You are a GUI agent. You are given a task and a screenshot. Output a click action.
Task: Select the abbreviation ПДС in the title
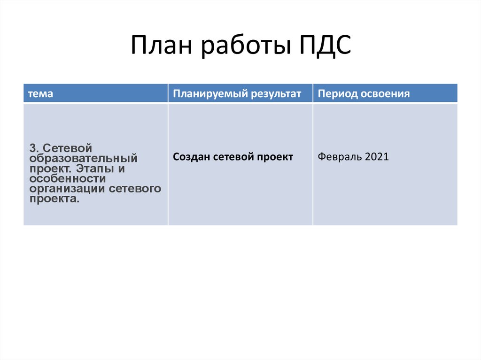tap(325, 46)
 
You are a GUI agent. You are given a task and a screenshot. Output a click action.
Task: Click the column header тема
tap(40, 94)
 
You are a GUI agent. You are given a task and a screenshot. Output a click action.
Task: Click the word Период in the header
tap(337, 94)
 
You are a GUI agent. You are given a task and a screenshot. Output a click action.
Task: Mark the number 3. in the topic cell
tap(34, 148)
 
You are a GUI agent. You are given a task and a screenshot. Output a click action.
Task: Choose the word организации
tap(67, 189)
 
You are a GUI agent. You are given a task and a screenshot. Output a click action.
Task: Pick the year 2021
tap(377, 157)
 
